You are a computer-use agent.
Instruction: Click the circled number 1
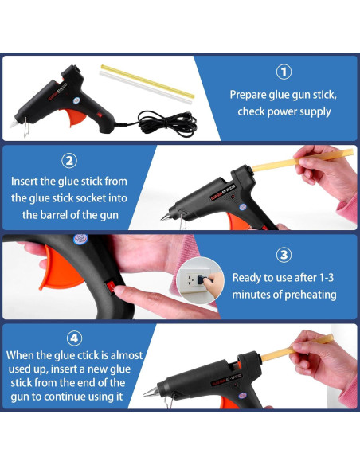click(x=284, y=72)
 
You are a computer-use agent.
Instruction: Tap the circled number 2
click(x=69, y=161)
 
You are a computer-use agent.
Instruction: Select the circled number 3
click(x=284, y=255)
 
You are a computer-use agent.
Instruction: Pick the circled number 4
click(x=74, y=338)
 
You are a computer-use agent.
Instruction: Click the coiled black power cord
click(x=166, y=123)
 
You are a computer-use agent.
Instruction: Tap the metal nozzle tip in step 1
click(x=14, y=124)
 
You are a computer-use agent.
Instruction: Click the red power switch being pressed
click(x=112, y=287)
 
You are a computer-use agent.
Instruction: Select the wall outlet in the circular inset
click(x=195, y=279)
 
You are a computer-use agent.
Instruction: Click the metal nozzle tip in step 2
click(x=165, y=217)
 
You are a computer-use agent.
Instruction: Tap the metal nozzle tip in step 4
click(x=151, y=393)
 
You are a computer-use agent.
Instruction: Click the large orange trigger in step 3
click(x=59, y=269)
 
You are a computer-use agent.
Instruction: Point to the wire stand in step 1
click(x=26, y=127)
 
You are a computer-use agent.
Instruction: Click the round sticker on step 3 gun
click(x=80, y=239)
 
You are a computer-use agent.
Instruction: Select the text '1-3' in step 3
click(x=326, y=278)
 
